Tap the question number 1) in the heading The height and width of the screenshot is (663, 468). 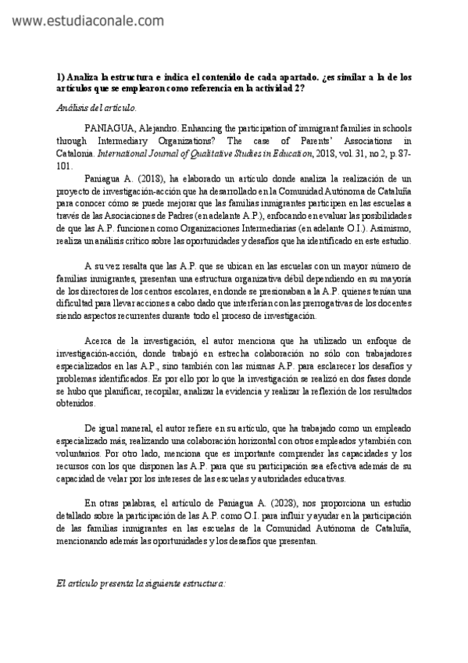tap(62, 77)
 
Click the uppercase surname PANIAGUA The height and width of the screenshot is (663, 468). tap(110, 127)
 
